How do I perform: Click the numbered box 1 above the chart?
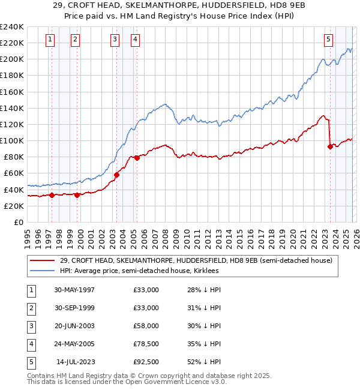(49, 40)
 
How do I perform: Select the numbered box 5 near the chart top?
(329, 40)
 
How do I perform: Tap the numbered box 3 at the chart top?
(114, 40)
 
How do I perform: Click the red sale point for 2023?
(330, 146)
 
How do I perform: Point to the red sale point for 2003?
(116, 175)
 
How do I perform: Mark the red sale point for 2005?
(137, 158)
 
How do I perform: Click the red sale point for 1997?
(52, 195)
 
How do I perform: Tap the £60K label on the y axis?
(14, 173)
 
